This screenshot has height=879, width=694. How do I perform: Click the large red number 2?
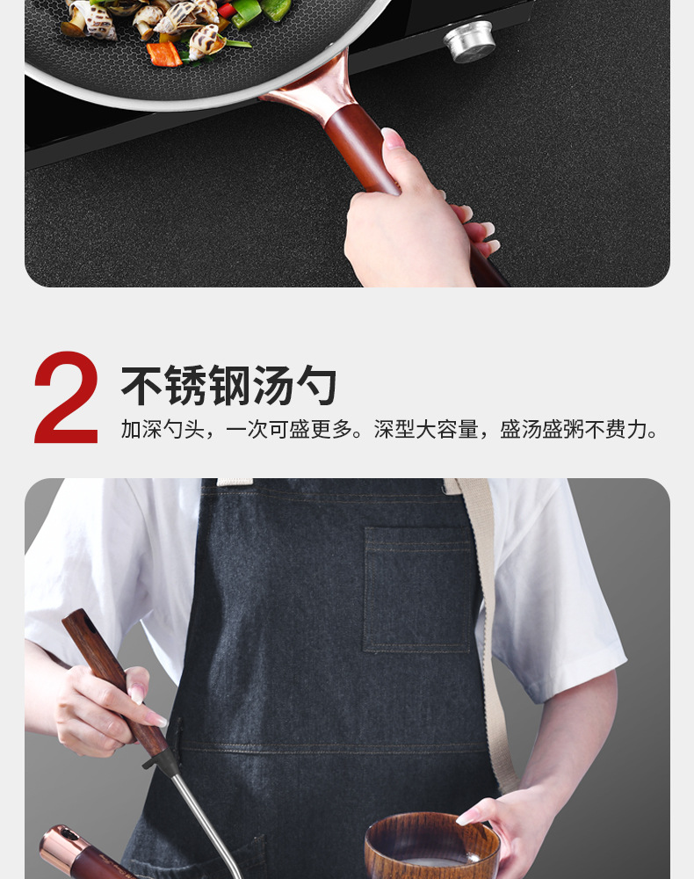click(x=66, y=397)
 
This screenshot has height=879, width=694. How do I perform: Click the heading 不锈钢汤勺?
click(x=228, y=385)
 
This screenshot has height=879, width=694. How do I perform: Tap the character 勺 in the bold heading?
click(x=316, y=385)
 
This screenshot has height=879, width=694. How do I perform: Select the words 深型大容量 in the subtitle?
click(x=426, y=430)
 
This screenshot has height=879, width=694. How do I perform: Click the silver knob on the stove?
click(x=469, y=41)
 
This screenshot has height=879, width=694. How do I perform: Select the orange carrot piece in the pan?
click(x=164, y=54)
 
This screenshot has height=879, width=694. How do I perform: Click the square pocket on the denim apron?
click(x=418, y=589)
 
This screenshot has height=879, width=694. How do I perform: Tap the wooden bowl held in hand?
click(x=432, y=846)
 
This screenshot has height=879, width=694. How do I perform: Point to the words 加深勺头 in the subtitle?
click(x=163, y=430)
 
